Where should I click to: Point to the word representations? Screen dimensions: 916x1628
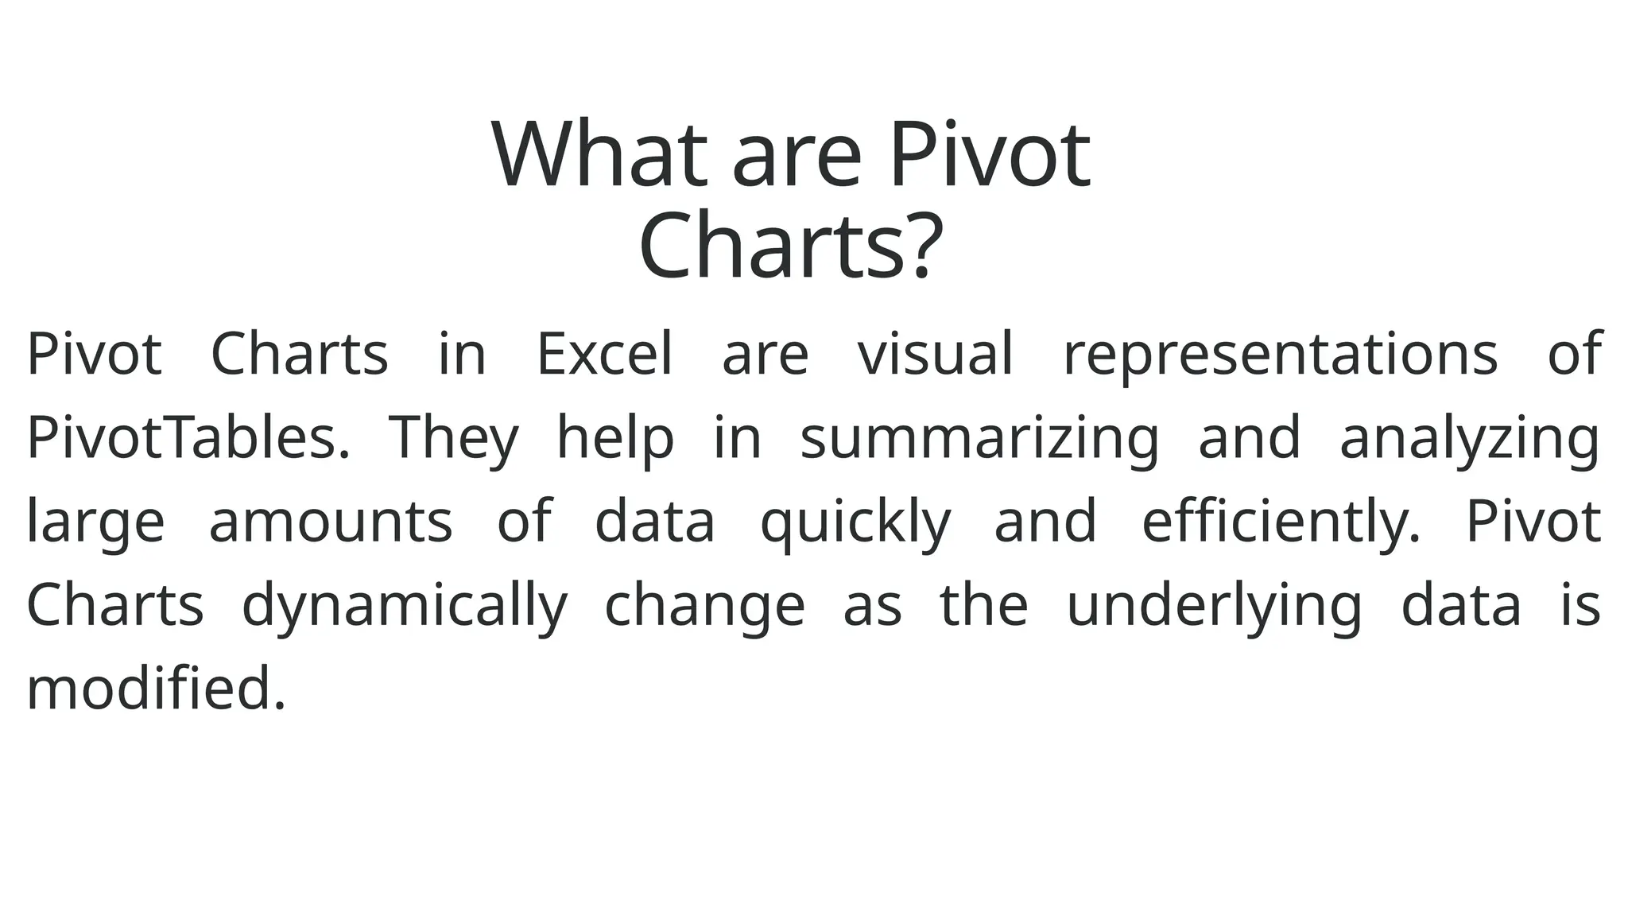[1280, 355]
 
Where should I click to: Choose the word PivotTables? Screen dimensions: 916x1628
[188, 437]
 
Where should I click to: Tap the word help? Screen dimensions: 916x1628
[614, 439]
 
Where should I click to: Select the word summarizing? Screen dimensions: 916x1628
[979, 439]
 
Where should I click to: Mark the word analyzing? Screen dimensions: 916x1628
[1469, 439]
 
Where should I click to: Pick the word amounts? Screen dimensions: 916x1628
[330, 522]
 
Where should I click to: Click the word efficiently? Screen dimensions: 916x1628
[1280, 522]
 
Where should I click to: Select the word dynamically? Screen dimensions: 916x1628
[405, 606]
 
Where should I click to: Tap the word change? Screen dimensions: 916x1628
[704, 606]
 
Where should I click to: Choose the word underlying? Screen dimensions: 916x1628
[1214, 606]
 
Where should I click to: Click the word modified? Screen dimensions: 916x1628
[156, 689]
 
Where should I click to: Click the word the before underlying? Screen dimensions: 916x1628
[983, 605]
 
